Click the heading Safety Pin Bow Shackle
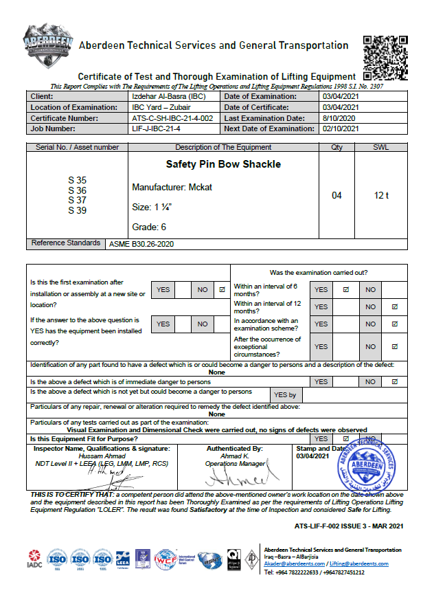click(x=214, y=165)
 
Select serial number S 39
click(x=77, y=210)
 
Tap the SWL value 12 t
click(x=381, y=196)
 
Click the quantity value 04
click(x=336, y=196)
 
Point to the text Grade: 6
click(x=149, y=227)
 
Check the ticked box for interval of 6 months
click(x=346, y=290)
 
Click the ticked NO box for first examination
click(x=222, y=290)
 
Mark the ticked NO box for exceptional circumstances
click(x=394, y=346)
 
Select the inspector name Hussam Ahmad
click(x=102, y=456)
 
